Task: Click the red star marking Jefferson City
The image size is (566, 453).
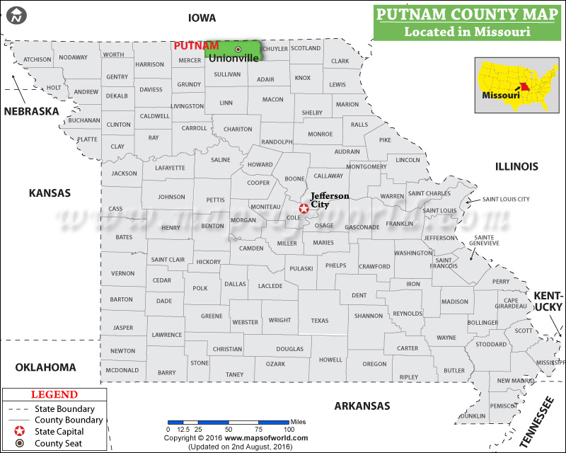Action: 304,208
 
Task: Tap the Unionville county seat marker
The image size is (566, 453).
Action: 238,49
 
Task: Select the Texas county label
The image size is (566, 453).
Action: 320,321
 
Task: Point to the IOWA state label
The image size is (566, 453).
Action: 202,18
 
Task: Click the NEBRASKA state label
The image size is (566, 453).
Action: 31,111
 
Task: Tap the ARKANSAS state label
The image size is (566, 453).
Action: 362,406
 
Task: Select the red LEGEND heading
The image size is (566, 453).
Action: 54,394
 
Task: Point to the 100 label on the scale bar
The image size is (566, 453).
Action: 289,430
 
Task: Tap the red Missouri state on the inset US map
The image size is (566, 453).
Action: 525,88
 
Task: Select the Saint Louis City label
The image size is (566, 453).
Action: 506,200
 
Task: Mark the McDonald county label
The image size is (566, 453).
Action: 122,370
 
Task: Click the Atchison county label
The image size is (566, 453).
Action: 37,59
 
